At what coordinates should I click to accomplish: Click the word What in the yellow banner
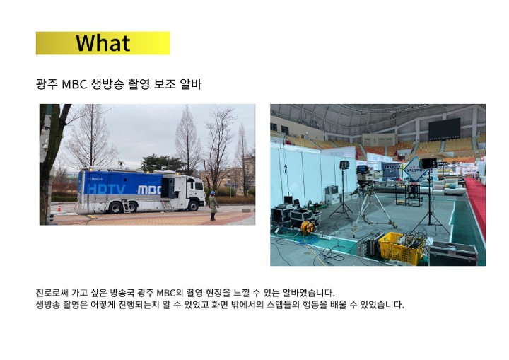[x=103, y=43]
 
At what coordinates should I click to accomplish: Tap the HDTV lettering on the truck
[x=107, y=189]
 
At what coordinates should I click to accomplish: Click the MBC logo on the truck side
[x=149, y=190]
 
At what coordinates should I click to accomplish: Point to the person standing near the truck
[x=213, y=206]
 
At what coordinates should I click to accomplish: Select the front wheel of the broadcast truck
[x=194, y=206]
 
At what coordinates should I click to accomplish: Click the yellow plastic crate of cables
[x=402, y=248]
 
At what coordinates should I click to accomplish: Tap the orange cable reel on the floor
[x=307, y=226]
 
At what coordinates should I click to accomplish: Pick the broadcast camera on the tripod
[x=364, y=176]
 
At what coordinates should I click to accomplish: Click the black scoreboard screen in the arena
[x=444, y=129]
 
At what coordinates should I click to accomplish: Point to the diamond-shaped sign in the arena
[x=415, y=169]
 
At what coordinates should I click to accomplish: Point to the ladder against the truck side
[x=126, y=206]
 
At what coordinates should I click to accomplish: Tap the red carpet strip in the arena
[x=477, y=204]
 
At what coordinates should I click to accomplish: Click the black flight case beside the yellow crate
[x=453, y=253]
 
